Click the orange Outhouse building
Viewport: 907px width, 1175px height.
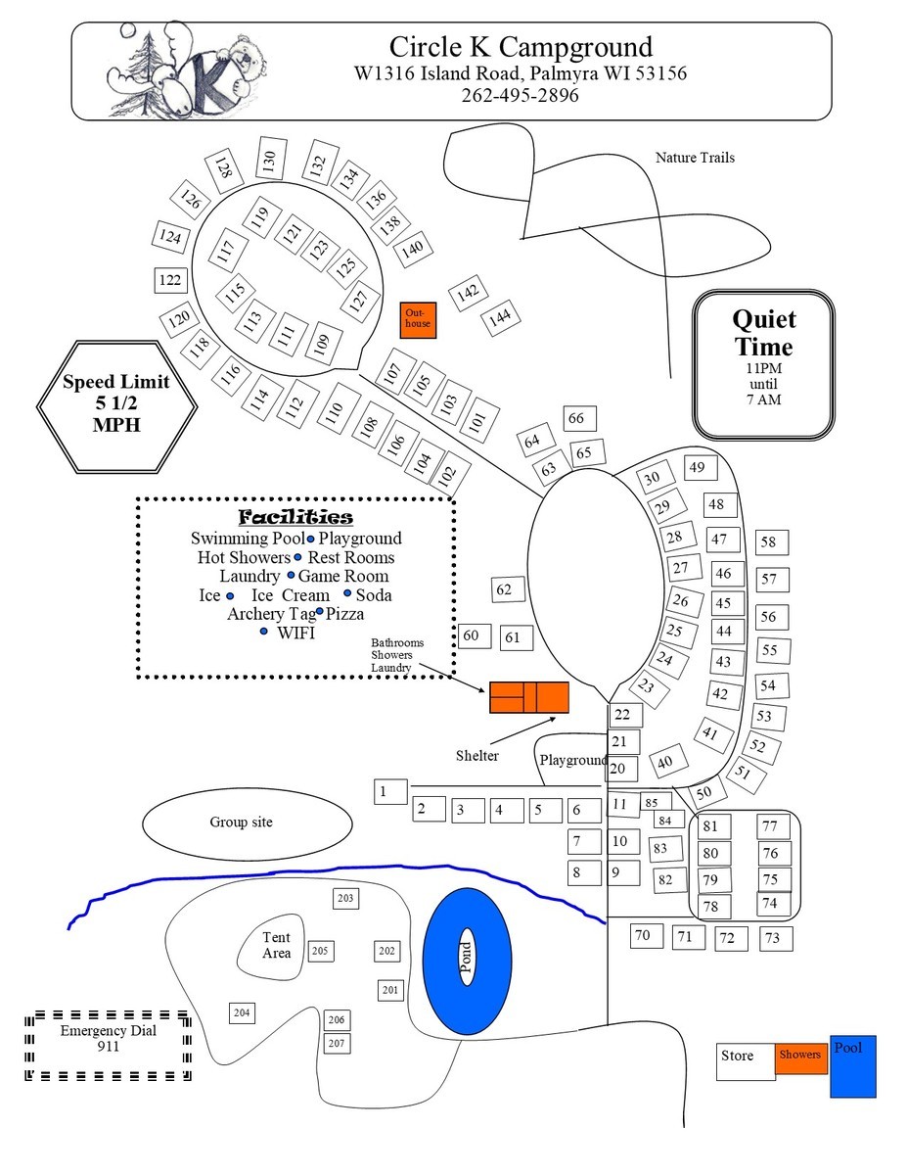pyautogui.click(x=418, y=319)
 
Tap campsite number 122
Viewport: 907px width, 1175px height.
pyautogui.click(x=170, y=281)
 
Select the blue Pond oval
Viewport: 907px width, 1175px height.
pyautogui.click(x=466, y=962)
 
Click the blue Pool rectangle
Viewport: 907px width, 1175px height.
pyautogui.click(x=852, y=1065)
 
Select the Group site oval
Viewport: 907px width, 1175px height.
pyautogui.click(x=247, y=822)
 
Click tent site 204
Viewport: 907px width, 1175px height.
pyautogui.click(x=243, y=1012)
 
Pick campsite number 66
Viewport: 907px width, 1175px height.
pyautogui.click(x=575, y=419)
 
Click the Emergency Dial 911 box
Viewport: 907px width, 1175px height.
pyautogui.click(x=108, y=1045)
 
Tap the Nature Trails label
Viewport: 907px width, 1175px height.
pyautogui.click(x=695, y=158)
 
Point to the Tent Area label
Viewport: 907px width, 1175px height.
pyautogui.click(x=276, y=945)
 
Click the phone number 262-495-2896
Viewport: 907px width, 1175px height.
pyautogui.click(x=520, y=96)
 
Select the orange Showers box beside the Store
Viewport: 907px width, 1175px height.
pyautogui.click(x=800, y=1056)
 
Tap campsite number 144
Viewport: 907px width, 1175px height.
pyautogui.click(x=500, y=317)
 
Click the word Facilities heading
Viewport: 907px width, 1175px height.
pyautogui.click(x=295, y=517)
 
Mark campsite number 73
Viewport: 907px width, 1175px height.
pyautogui.click(x=773, y=938)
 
